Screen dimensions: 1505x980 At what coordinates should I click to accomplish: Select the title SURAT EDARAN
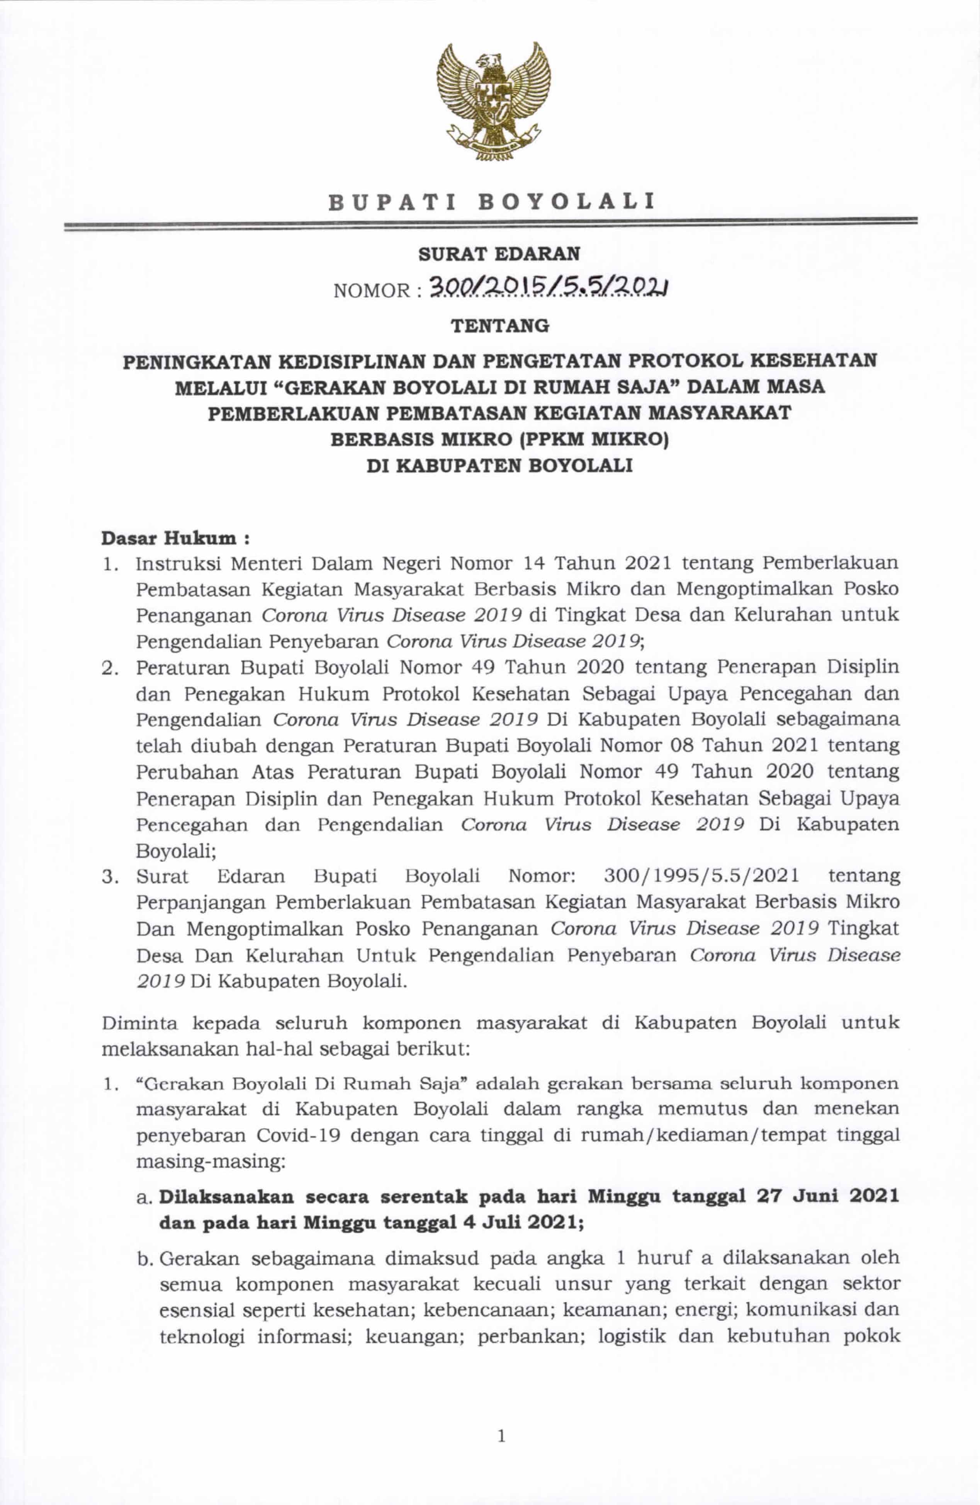coord(499,254)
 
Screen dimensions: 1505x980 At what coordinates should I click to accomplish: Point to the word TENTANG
coord(499,326)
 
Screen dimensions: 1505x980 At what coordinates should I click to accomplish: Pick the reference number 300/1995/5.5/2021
coord(701,876)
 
